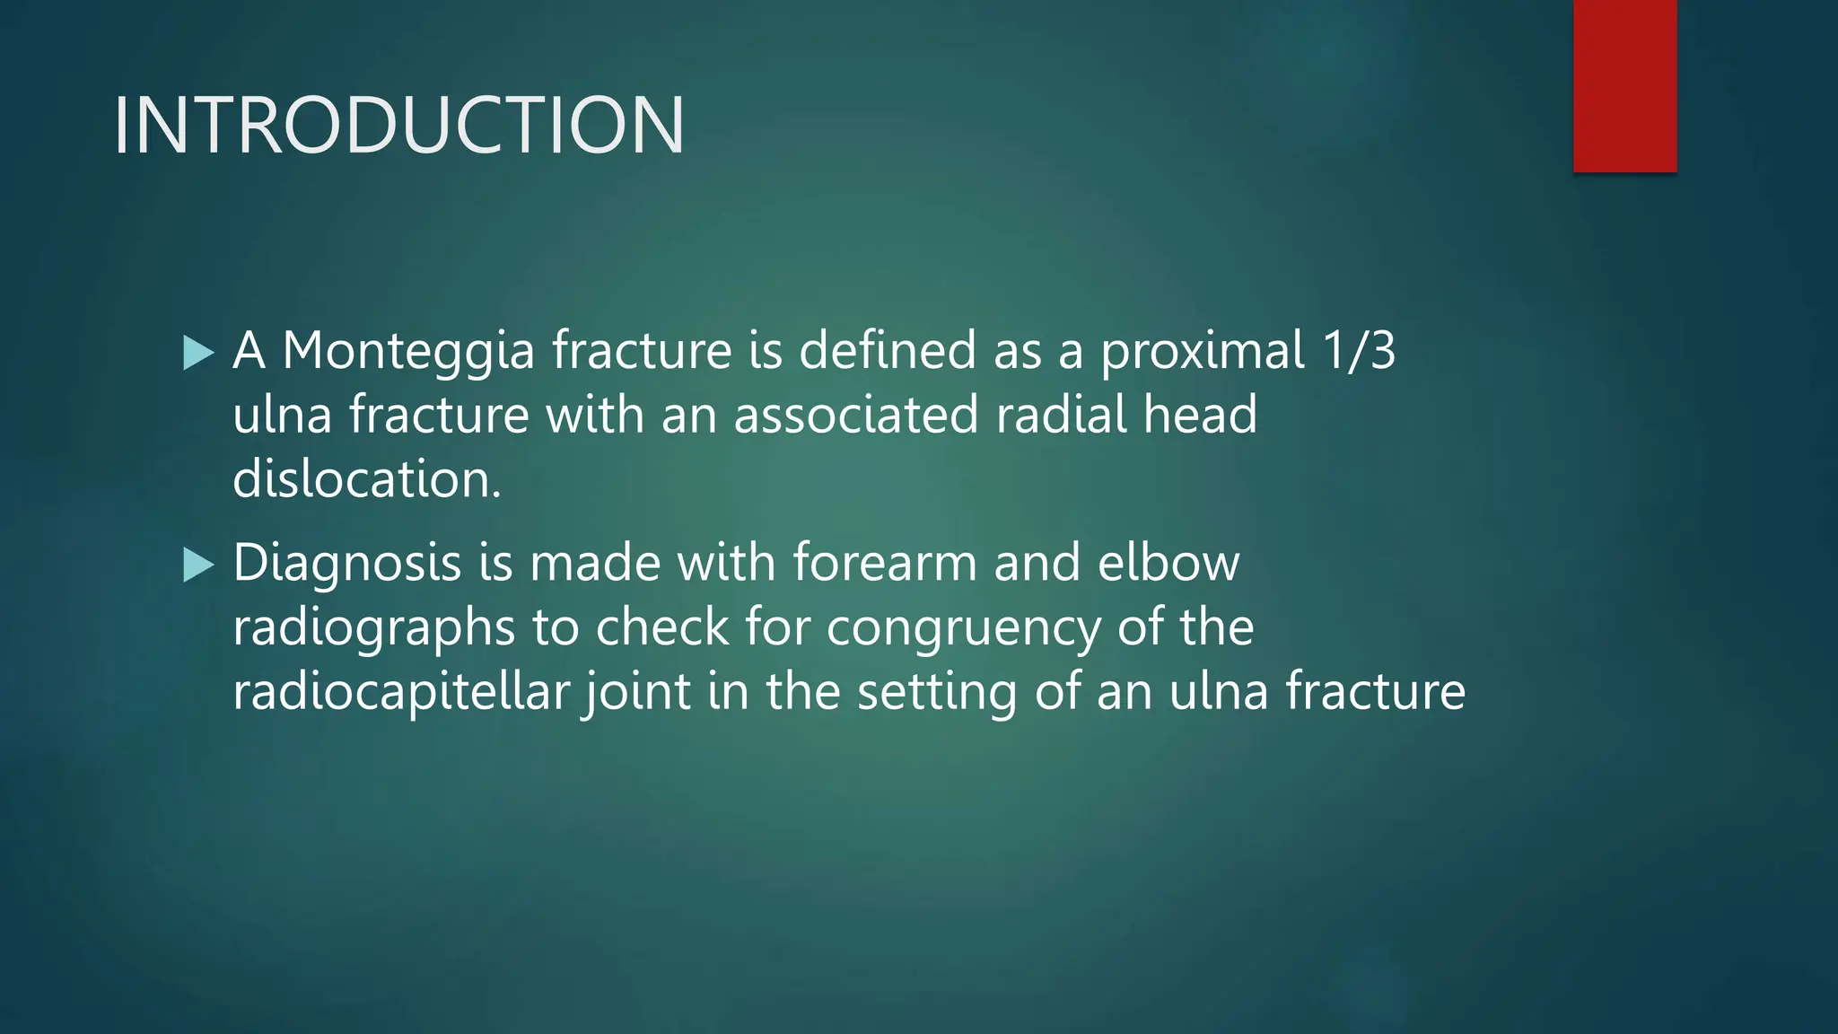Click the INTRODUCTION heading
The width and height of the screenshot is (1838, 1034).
click(x=398, y=126)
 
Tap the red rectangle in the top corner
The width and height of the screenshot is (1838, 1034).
click(x=1624, y=86)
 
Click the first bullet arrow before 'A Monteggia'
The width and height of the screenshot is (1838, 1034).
click(x=197, y=353)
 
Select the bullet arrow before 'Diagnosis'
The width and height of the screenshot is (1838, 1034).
click(x=197, y=565)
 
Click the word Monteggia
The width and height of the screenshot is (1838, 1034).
click(x=408, y=350)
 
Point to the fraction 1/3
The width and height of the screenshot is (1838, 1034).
click(x=1359, y=350)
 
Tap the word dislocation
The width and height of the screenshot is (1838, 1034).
click(x=365, y=479)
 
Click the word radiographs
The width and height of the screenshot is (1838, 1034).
click(x=373, y=628)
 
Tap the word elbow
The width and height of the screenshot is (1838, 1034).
click(x=1168, y=564)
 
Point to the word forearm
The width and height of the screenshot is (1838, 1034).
click(x=884, y=564)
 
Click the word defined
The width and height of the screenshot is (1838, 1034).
click(x=887, y=350)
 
